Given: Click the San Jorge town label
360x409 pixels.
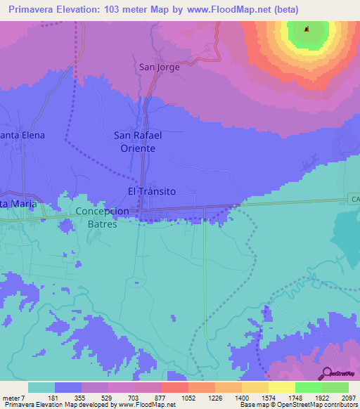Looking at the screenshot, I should [159, 67].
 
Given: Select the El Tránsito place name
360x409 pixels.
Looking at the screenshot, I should [151, 191].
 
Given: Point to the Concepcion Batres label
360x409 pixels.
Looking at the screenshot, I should [102, 217].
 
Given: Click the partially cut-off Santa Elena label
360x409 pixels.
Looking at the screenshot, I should [22, 135].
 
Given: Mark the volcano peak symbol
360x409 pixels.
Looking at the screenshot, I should [307, 30].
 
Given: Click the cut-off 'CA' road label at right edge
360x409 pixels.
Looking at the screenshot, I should [354, 200].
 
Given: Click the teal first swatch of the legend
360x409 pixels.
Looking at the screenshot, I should [41, 387].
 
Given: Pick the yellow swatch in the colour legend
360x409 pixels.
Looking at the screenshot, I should [281, 387].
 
